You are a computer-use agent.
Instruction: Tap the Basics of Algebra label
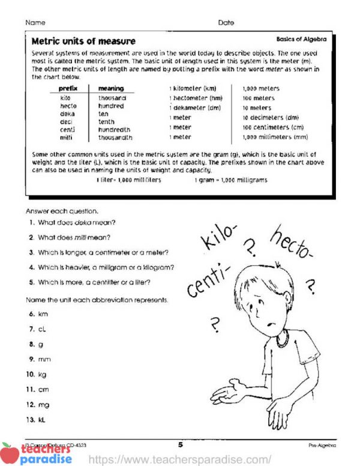(301, 39)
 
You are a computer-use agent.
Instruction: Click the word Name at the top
(35, 23)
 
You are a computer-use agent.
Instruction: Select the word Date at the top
(226, 23)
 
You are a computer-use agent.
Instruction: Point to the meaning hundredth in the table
(114, 129)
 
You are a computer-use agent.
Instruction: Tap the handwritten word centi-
(209, 282)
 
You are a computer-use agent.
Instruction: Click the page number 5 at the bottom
(180, 445)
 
